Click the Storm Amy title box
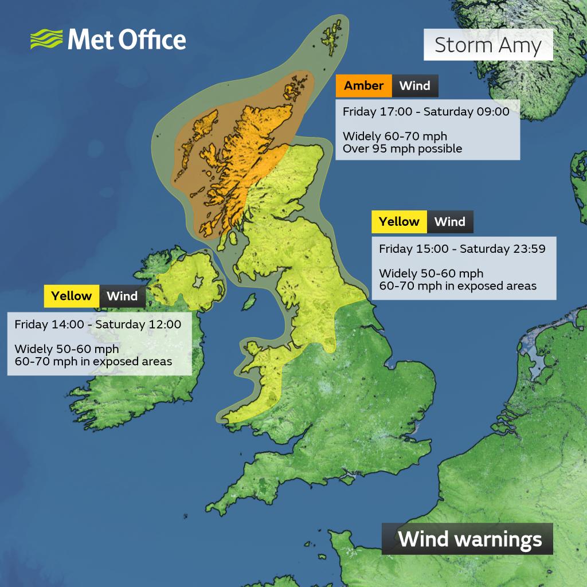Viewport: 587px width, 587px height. point(488,45)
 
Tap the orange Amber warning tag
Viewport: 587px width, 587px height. point(363,86)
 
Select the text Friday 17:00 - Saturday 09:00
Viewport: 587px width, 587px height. point(426,112)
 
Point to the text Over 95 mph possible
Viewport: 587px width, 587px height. point(402,148)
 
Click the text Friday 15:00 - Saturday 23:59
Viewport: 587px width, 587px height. point(461,249)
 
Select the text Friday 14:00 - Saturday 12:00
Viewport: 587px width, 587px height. point(98,324)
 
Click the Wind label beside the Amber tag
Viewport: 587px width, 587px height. point(414,86)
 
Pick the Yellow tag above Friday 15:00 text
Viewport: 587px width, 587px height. point(399,222)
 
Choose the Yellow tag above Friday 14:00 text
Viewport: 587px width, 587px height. point(71,296)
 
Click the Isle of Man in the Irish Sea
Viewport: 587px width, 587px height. point(249,300)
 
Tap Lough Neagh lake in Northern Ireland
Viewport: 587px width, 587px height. point(198,281)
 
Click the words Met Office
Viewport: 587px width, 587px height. point(127,40)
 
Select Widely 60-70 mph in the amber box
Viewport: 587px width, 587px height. point(394,136)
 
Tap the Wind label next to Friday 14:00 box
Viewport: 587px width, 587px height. point(122,296)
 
